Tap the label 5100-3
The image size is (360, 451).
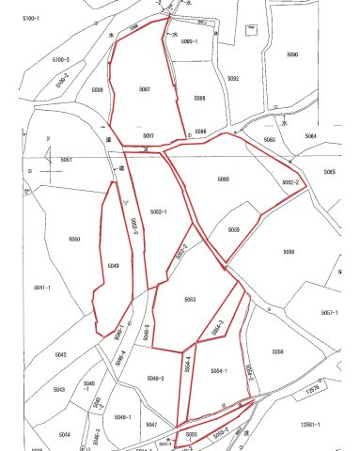click(62, 60)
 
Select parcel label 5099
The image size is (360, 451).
click(98, 90)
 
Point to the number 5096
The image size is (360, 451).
click(199, 98)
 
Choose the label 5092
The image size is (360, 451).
click(233, 79)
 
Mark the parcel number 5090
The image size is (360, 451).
click(292, 54)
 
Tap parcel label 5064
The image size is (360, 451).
click(310, 136)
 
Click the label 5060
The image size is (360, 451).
click(223, 179)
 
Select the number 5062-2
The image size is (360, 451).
click(290, 182)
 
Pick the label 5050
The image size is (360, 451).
click(74, 240)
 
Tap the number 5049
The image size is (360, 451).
click(113, 266)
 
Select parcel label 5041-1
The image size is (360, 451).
click(42, 287)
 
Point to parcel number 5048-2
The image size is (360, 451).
click(155, 378)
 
